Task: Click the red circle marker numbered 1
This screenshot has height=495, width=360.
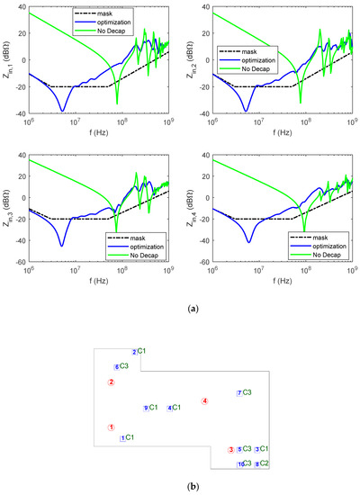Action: (x=111, y=427)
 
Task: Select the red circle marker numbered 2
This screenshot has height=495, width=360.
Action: (x=111, y=382)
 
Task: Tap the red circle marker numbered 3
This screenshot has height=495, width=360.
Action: (x=231, y=449)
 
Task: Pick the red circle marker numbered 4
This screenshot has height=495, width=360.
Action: (x=204, y=401)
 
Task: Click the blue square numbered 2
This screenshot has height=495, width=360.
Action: (x=134, y=351)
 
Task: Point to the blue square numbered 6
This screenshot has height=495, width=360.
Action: (x=116, y=366)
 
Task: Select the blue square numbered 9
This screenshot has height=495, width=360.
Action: (x=146, y=408)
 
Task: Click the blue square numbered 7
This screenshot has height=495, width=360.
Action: (x=238, y=393)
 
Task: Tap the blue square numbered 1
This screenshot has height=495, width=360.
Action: (x=122, y=438)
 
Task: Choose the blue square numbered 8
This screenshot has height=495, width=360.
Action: (x=256, y=464)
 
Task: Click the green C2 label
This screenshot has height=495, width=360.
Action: (x=265, y=463)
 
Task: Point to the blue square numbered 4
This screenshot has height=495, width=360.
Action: (x=169, y=408)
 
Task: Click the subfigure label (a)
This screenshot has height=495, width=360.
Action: (x=179, y=308)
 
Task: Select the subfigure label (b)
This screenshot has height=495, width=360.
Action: (x=179, y=487)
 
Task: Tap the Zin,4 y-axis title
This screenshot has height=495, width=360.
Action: (x=187, y=209)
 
